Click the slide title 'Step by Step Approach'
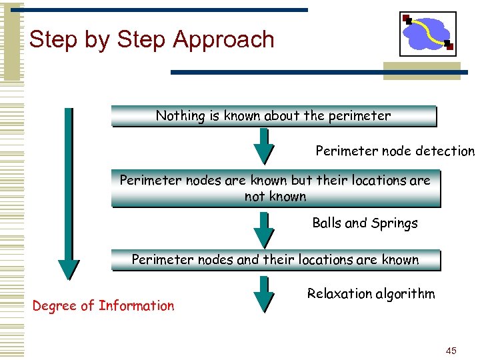point(152,39)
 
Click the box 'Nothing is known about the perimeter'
point(273,116)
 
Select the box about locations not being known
point(275,188)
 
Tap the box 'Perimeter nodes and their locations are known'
point(275,260)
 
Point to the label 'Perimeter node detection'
point(395,151)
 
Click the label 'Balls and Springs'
point(365,223)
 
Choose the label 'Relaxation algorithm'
point(371,293)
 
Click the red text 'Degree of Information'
point(103,306)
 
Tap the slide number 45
point(451,350)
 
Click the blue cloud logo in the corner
point(427,34)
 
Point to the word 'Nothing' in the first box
point(180,116)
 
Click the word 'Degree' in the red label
point(54,306)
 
